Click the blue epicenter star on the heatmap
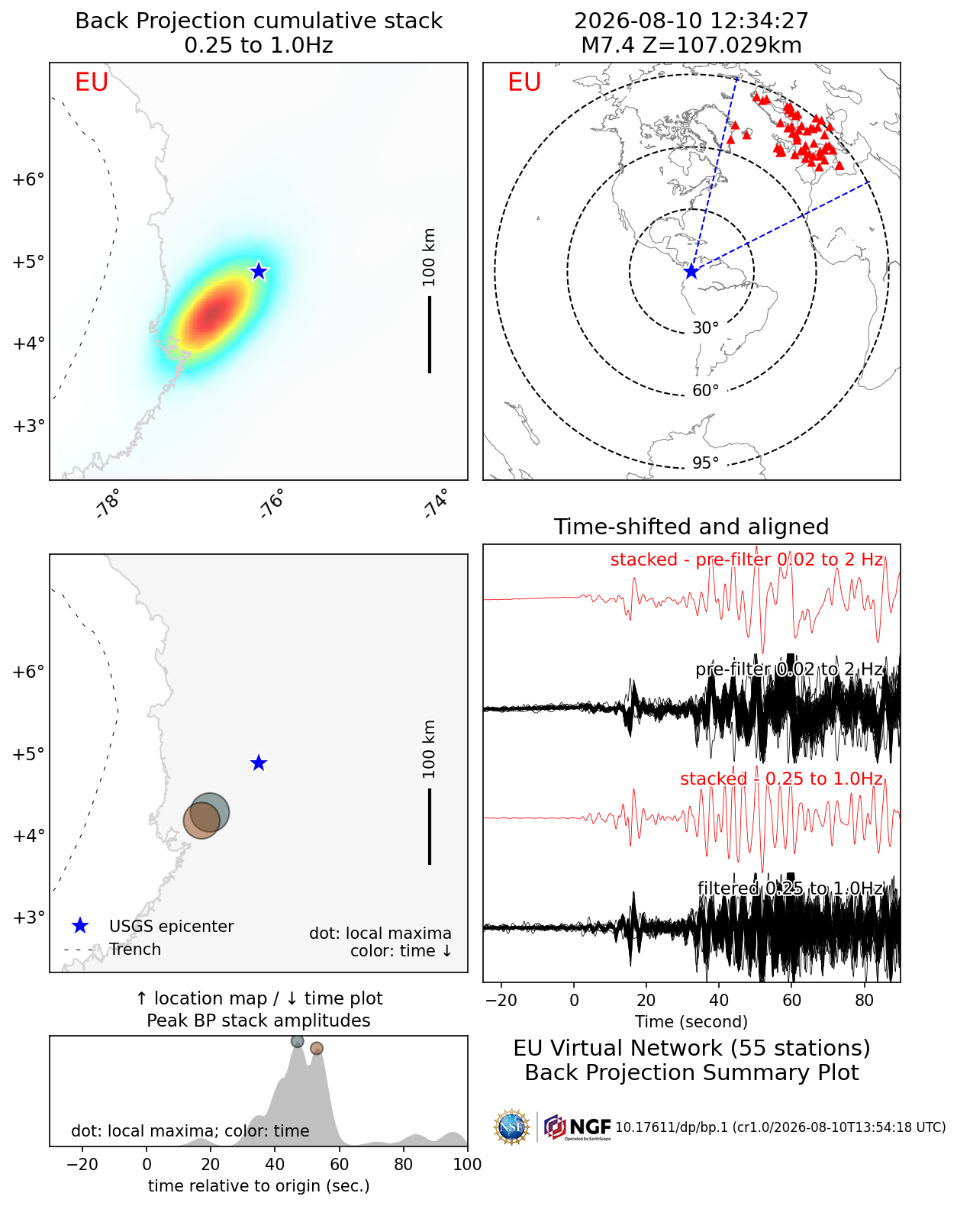pos(258,271)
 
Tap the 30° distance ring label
pos(705,328)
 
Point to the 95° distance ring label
pos(705,463)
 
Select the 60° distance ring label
pos(705,391)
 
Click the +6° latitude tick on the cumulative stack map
pos(28,179)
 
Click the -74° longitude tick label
pos(437,503)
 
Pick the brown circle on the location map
pos(201,821)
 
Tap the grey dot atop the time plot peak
pos(298,1041)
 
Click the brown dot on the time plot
pos(317,1048)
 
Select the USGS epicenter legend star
pos(80,926)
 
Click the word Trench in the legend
pos(135,950)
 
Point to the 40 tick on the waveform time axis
pos(719,1001)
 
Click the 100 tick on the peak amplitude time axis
pos(467,1165)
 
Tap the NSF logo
pos(511,1127)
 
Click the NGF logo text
pos(590,1127)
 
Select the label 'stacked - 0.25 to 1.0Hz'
pos(781,779)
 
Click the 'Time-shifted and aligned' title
pos(691,527)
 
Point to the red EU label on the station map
pos(524,82)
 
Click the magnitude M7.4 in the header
pos(608,45)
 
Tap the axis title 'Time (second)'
pos(691,1021)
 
